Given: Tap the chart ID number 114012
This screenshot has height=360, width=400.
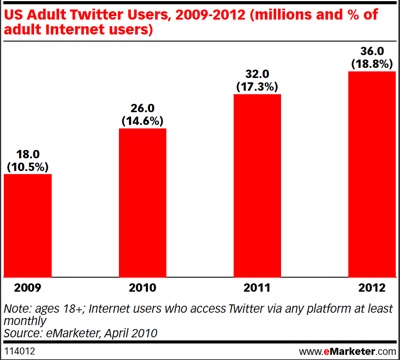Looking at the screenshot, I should [23, 350].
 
